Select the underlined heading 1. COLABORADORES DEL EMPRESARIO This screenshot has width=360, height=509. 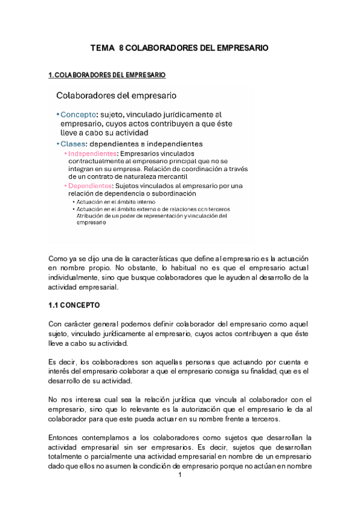(106, 75)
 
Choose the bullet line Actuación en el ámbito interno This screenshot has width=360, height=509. (112, 202)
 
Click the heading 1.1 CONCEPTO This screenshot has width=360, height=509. (74, 305)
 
